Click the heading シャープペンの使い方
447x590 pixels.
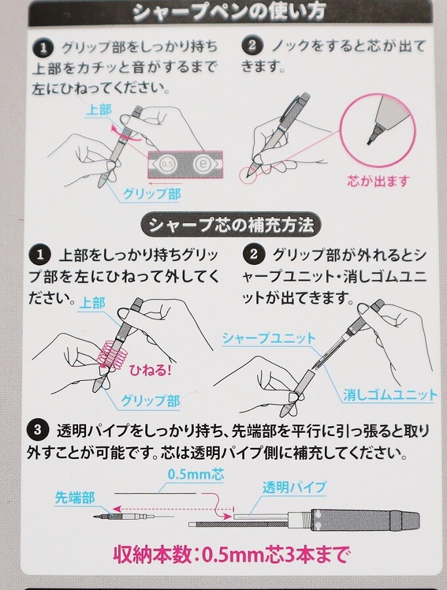point(229,11)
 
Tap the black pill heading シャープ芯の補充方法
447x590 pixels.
point(231,226)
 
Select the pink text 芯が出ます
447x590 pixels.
point(378,182)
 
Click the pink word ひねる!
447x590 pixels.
point(150,370)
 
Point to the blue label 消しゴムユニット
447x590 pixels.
point(390,395)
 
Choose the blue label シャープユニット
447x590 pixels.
point(268,338)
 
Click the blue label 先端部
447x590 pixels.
point(75,498)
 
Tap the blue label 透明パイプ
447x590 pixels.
point(294,487)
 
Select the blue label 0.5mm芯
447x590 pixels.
point(196,474)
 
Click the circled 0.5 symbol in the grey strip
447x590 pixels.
point(167,165)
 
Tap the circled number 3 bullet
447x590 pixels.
point(37,429)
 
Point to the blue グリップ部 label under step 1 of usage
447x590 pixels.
point(152,194)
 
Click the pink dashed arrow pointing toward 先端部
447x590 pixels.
point(173,508)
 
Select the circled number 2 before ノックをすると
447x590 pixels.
point(252,46)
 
